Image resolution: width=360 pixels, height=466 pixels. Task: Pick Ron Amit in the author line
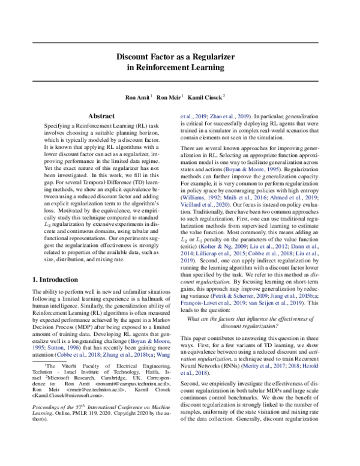point(137,97)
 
